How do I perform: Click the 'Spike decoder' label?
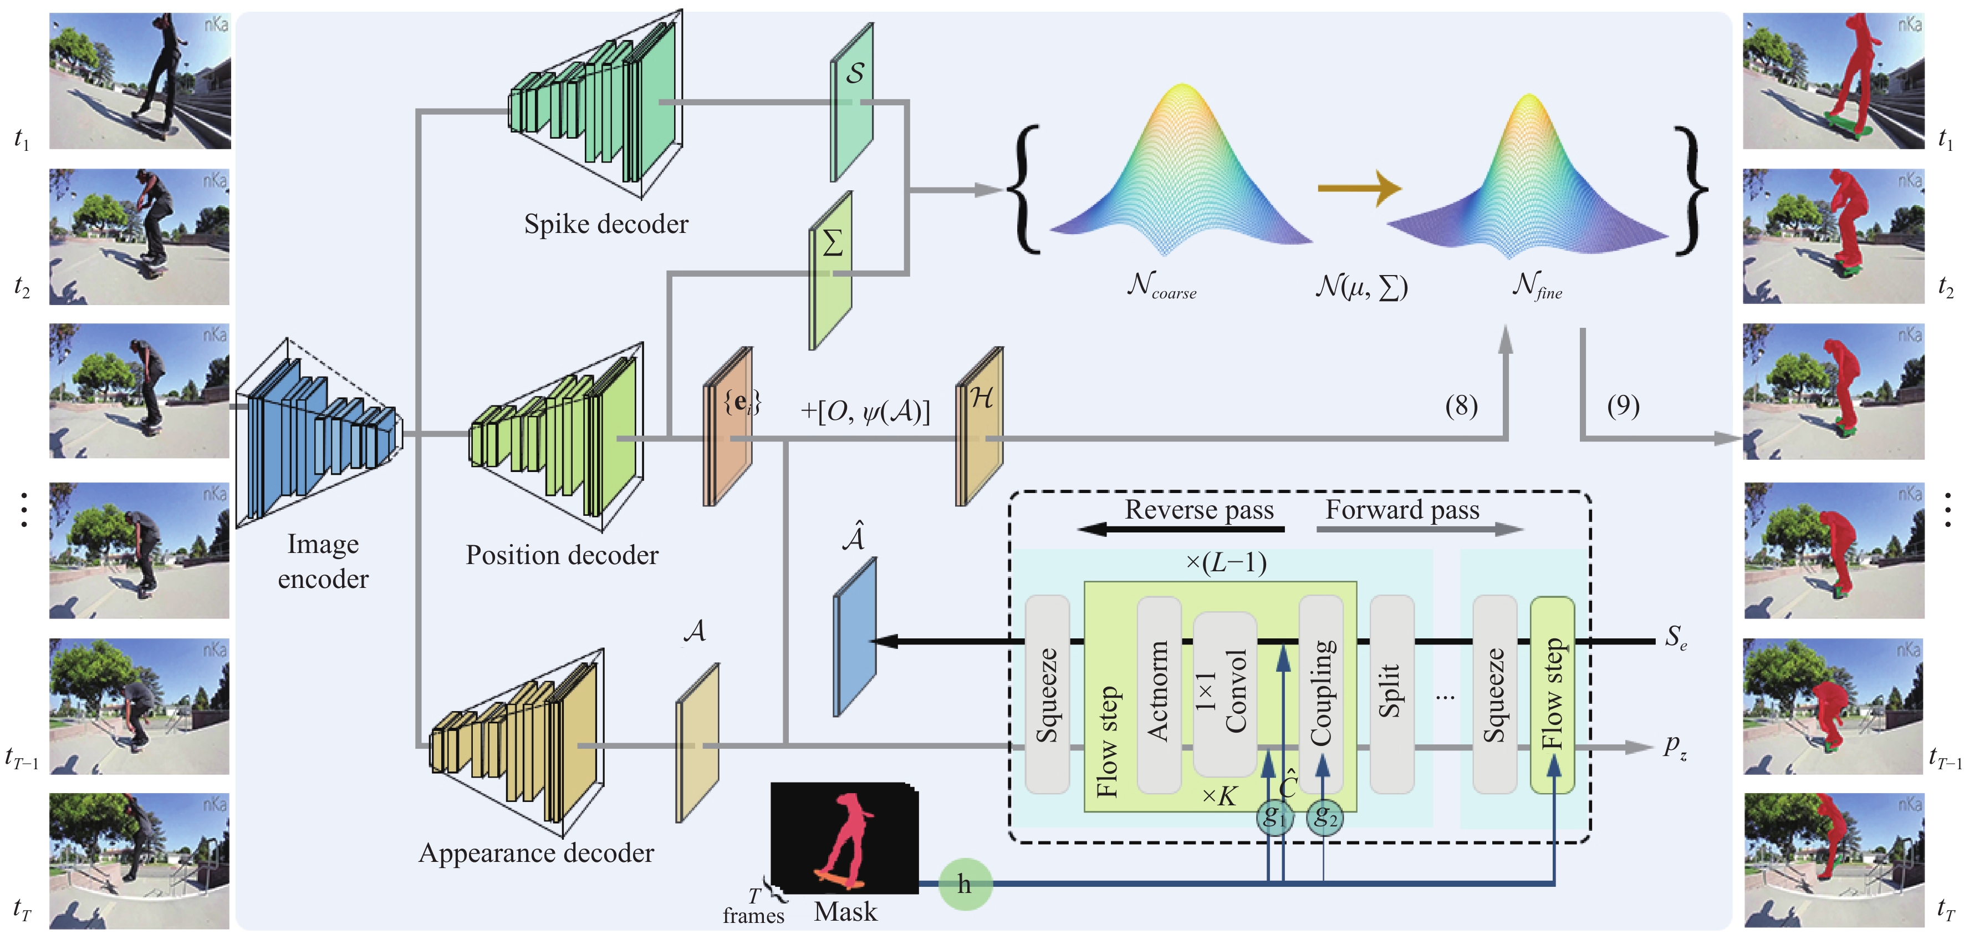coord(605,224)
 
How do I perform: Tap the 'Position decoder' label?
coord(562,555)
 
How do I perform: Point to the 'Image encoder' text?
coord(323,561)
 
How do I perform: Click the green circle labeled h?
coord(965,884)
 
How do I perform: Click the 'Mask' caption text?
coord(845,911)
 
